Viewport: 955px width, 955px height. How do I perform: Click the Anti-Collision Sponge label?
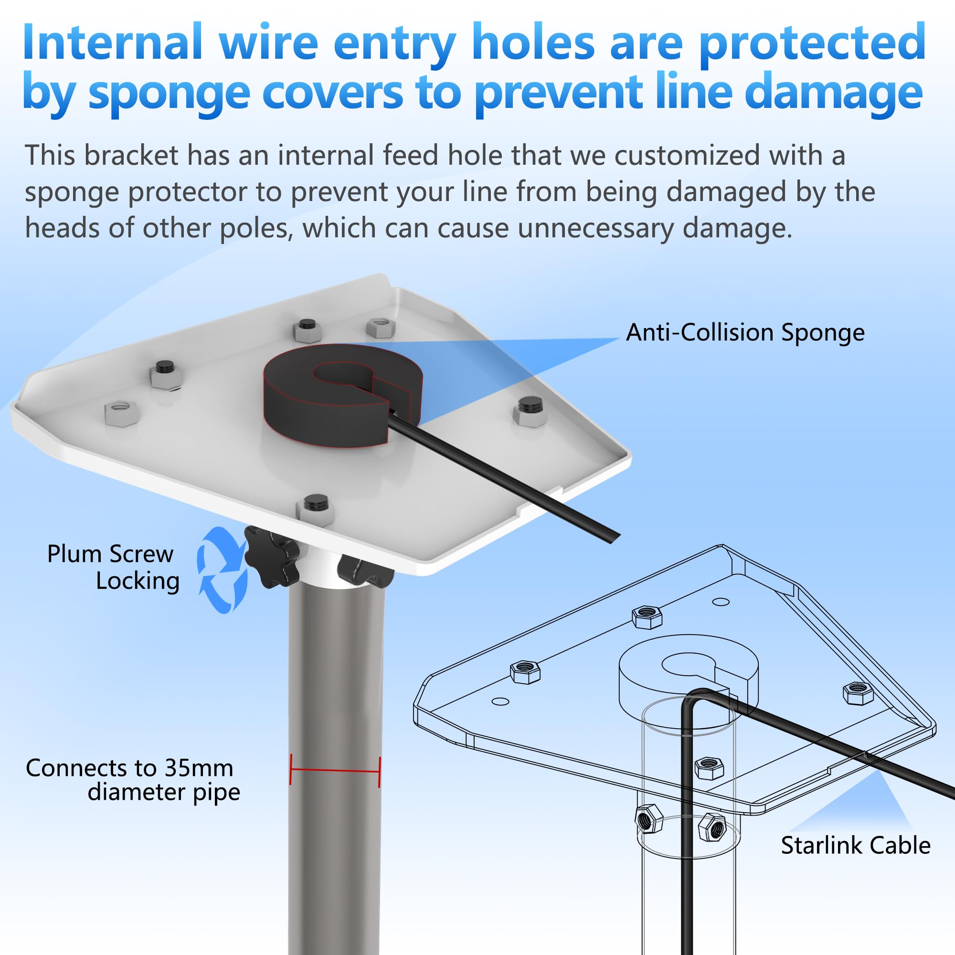(x=745, y=333)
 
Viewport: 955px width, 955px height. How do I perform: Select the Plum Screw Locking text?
(x=113, y=567)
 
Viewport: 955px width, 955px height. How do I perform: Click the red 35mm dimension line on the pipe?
(x=335, y=771)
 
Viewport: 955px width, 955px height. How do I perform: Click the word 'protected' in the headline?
(x=812, y=43)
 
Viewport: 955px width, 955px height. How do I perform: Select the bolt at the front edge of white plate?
(x=315, y=509)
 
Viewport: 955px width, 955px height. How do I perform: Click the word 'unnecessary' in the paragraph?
(x=595, y=228)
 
